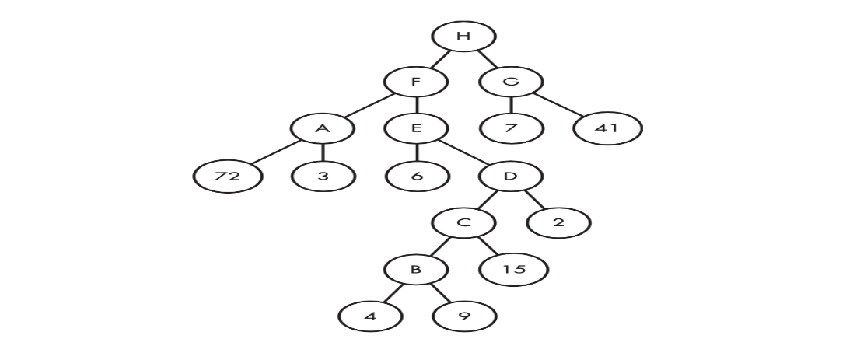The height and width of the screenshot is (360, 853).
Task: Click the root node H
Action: click(464, 36)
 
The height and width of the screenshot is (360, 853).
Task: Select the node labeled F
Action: click(417, 81)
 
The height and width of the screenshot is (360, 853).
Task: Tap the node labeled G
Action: click(511, 81)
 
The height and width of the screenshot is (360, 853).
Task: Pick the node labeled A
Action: click(323, 128)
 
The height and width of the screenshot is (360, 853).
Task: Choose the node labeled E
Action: click(417, 128)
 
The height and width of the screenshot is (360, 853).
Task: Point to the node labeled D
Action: click(511, 176)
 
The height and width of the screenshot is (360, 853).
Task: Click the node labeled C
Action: click(464, 223)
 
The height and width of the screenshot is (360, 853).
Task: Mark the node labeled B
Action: click(417, 270)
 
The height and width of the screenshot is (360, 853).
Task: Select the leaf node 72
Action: click(228, 176)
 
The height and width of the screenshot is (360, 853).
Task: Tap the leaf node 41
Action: click(608, 128)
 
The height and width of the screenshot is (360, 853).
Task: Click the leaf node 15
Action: click(513, 270)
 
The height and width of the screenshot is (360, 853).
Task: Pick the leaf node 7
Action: click(511, 128)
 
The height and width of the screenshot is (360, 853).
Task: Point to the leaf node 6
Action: click(417, 176)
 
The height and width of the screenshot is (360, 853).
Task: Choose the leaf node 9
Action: click(464, 317)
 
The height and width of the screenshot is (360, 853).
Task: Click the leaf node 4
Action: click(370, 317)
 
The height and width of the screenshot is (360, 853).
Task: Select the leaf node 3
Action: click(323, 176)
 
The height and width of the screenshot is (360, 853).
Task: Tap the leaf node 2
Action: click(558, 223)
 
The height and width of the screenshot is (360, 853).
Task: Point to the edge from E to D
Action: click(464, 152)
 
